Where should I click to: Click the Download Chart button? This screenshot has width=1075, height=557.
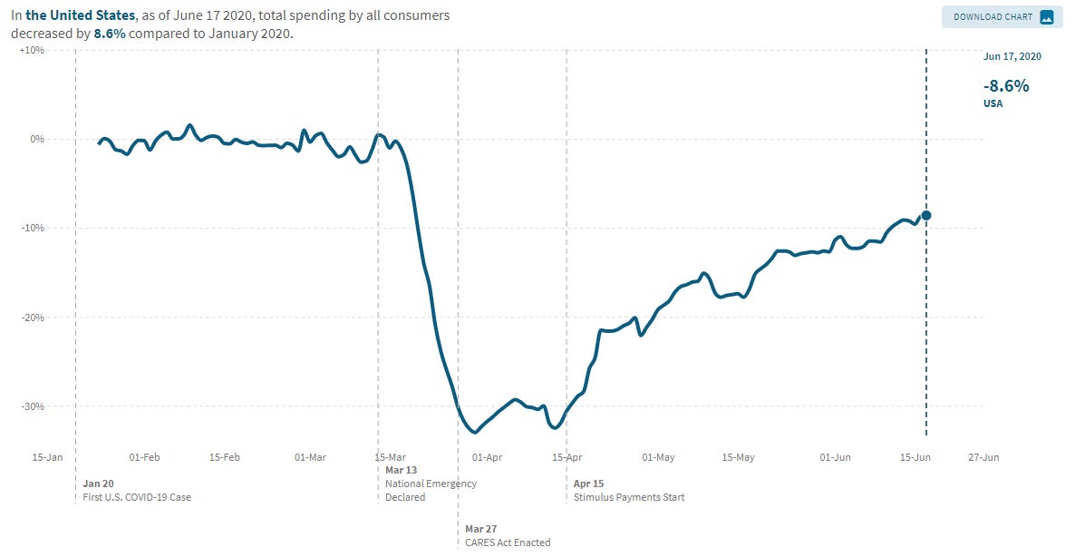(1002, 16)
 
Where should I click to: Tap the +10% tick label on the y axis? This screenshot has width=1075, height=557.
(32, 50)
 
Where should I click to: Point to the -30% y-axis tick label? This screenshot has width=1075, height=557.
(32, 406)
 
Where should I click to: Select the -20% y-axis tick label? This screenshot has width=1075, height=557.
(32, 318)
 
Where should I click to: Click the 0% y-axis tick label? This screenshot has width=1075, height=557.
(37, 139)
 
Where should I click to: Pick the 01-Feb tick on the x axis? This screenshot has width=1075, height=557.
(145, 457)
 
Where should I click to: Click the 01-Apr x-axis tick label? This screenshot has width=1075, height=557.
(487, 457)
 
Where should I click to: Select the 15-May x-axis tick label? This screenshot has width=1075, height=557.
(740, 457)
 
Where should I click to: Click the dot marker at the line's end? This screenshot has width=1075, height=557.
(926, 215)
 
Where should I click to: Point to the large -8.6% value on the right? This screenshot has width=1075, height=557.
(1006, 86)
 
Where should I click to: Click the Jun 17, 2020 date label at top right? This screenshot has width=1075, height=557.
(1012, 56)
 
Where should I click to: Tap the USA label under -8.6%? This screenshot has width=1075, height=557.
(993, 103)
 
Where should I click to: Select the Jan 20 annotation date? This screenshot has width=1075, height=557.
(98, 484)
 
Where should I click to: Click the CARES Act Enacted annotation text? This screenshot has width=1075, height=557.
(508, 542)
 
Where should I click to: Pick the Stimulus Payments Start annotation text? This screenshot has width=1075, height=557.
(629, 497)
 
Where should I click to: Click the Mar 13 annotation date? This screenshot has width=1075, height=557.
(401, 470)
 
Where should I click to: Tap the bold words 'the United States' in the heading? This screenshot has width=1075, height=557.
(80, 15)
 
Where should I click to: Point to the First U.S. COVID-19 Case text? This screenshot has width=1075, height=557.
(137, 497)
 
